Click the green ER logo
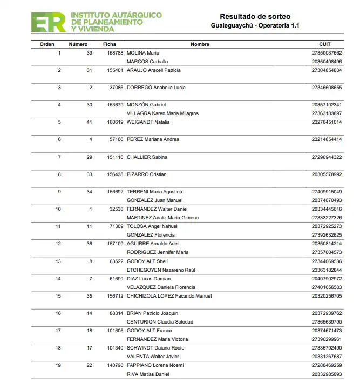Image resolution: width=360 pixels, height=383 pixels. click(49, 22)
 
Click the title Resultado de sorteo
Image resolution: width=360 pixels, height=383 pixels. click(255, 17)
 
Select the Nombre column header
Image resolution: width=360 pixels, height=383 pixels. click(200, 44)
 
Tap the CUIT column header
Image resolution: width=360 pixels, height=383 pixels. click(324, 44)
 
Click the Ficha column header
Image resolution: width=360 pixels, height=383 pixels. click(110, 44)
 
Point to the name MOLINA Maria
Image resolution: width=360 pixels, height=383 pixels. click(142, 53)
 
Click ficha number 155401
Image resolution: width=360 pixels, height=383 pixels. click(116, 70)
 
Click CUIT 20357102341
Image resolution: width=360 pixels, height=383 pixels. click(327, 105)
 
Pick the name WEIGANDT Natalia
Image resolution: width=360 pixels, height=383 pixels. click(148, 122)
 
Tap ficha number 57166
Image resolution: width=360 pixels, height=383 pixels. click(117, 139)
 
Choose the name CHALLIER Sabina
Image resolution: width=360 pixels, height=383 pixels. click(147, 157)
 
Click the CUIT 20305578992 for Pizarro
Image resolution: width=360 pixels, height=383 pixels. click(327, 174)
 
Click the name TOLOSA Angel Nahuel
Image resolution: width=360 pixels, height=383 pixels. click(152, 226)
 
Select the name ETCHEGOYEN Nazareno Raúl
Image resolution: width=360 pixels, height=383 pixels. click(160, 270)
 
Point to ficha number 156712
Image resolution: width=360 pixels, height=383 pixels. click(116, 296)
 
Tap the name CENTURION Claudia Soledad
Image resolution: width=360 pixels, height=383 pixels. click(160, 322)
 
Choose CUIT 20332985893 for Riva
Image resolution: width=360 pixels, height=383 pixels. click(327, 374)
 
